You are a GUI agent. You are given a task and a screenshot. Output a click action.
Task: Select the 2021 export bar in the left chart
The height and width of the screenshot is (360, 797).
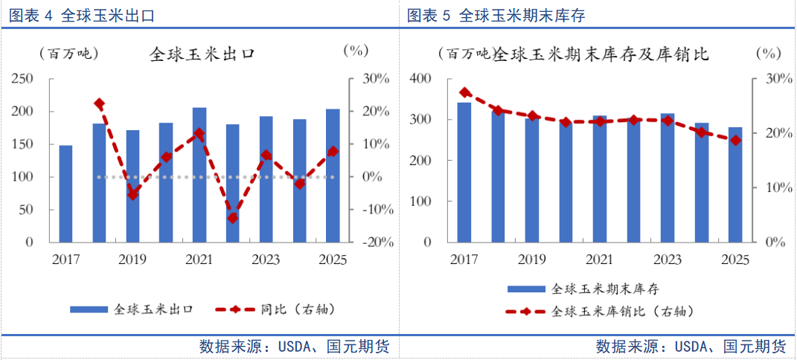[199, 175]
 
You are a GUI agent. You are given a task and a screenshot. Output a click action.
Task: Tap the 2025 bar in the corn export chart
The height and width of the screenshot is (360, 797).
[333, 176]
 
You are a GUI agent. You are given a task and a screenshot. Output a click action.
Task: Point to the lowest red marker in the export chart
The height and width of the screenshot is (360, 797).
[232, 218]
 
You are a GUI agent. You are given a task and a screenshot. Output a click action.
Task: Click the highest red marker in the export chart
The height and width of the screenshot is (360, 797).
[99, 103]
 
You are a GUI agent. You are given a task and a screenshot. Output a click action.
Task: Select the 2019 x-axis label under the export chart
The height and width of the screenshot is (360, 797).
[132, 260]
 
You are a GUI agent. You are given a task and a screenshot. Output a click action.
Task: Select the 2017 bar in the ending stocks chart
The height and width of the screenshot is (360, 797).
[464, 173]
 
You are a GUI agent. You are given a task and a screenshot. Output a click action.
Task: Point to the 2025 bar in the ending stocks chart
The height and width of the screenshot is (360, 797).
[735, 184]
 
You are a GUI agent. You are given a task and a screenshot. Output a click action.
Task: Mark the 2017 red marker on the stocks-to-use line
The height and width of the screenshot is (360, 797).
[465, 92]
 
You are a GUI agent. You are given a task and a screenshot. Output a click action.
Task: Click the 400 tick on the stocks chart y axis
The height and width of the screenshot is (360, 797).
[421, 79]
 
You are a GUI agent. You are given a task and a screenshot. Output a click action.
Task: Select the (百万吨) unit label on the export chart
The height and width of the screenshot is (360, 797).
[68, 54]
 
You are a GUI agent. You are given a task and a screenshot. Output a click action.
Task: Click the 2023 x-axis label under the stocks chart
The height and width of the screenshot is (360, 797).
[667, 260]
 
